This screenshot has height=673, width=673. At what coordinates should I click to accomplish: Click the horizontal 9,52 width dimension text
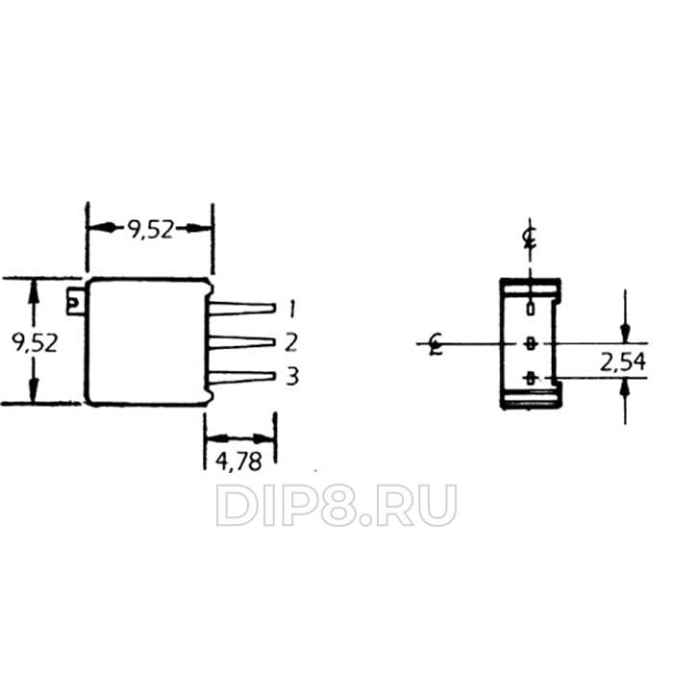tap(151, 230)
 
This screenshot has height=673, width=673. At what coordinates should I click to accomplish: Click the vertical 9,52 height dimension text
tap(35, 343)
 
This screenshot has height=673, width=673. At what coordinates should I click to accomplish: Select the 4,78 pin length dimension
tap(238, 461)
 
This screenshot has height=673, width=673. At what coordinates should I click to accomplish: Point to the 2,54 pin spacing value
tap(623, 362)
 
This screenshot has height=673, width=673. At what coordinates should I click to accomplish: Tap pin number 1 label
tap(292, 309)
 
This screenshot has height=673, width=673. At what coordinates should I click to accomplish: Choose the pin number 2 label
tap(291, 342)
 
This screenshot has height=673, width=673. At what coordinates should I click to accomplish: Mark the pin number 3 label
tap(292, 377)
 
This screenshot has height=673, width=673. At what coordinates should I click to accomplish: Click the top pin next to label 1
tap(242, 309)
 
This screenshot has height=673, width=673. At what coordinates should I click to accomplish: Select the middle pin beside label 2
tap(242, 342)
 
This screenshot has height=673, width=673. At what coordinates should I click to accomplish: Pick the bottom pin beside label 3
tap(242, 377)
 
